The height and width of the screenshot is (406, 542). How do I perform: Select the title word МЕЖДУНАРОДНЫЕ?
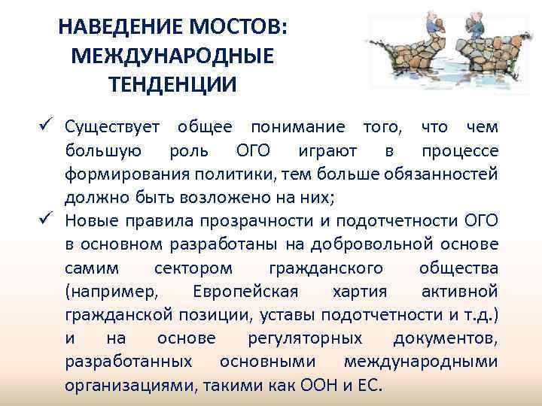tap(172, 55)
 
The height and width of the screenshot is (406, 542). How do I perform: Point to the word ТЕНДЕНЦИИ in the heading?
tap(172, 82)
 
